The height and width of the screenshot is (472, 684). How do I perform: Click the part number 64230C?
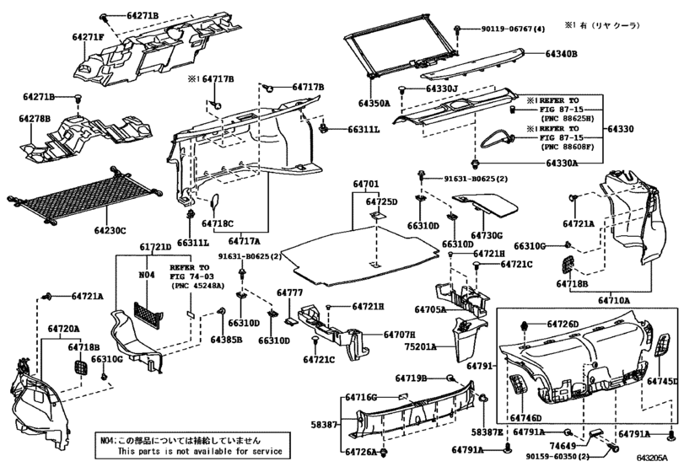pyautogui.click(x=110, y=230)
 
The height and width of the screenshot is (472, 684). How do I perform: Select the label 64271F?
pyautogui.click(x=88, y=37)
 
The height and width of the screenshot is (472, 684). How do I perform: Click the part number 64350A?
pyautogui.click(x=374, y=104)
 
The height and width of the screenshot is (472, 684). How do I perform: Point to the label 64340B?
pyautogui.click(x=562, y=54)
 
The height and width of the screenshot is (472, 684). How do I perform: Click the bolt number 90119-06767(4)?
pyautogui.click(x=514, y=29)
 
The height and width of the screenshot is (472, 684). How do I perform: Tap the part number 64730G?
pyautogui.click(x=487, y=236)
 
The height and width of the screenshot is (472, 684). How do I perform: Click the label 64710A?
pyautogui.click(x=614, y=300)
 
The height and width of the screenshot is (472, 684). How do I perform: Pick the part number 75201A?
pyautogui.click(x=421, y=347)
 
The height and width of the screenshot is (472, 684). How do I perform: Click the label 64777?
pyautogui.click(x=289, y=292)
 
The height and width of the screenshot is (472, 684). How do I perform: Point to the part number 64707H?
pyautogui.click(x=400, y=335)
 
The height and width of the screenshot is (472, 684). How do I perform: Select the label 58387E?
pyautogui.click(x=487, y=432)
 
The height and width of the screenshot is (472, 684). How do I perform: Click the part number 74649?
pyautogui.click(x=562, y=446)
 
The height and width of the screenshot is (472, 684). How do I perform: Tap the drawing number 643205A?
pyautogui.click(x=652, y=458)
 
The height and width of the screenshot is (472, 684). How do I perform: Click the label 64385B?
pyautogui.click(x=226, y=340)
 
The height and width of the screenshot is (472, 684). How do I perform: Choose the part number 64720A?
pyautogui.click(x=64, y=329)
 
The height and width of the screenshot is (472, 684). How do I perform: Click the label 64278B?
pyautogui.click(x=35, y=119)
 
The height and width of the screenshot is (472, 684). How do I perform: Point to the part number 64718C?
pyautogui.click(x=218, y=223)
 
